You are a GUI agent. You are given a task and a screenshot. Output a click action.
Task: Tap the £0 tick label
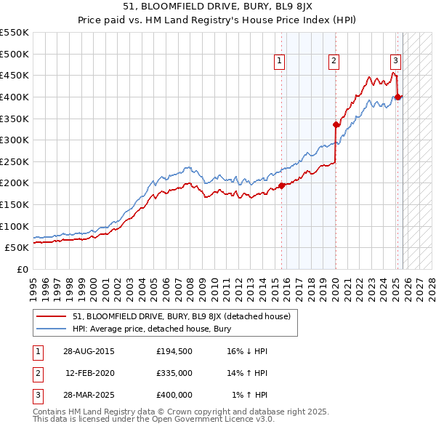[22, 269]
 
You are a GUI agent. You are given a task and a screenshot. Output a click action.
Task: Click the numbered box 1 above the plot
[281, 61]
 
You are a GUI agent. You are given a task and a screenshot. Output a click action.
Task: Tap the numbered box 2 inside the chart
[334, 61]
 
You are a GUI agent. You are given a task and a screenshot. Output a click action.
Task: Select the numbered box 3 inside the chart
[395, 61]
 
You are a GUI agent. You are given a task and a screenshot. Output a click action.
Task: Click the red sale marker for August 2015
[282, 185]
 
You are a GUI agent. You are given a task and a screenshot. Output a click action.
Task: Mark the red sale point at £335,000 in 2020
[336, 124]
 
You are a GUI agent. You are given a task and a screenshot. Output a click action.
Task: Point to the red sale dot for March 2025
[398, 97]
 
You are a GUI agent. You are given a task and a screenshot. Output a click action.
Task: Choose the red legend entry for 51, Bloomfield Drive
[182, 316]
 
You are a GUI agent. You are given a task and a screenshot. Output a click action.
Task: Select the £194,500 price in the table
[174, 350]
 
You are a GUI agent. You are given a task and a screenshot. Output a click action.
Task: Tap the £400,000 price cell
[174, 395]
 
